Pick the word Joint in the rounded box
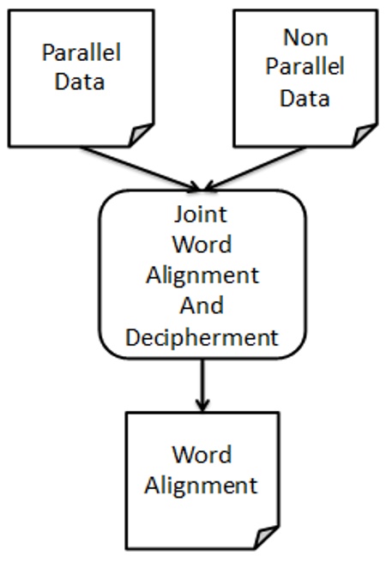202,213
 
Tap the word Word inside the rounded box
202,244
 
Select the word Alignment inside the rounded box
202,275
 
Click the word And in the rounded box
202,305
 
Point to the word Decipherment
202,336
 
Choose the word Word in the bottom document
201,454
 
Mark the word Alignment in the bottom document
201,485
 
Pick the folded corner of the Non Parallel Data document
365,135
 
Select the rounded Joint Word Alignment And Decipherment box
112,275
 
